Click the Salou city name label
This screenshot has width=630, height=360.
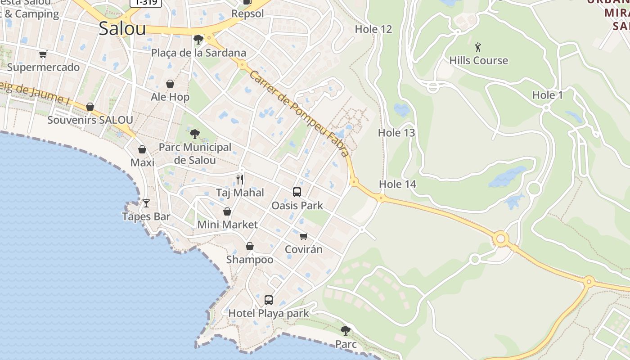tap(122, 29)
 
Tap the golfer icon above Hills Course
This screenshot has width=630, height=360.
tap(478, 47)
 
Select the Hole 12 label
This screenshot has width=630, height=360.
tap(373, 29)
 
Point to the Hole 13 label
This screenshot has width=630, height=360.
tap(396, 133)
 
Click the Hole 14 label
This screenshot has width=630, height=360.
tap(397, 184)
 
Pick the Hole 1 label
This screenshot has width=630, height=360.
tap(547, 95)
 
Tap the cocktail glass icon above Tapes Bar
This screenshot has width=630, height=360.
tap(146, 203)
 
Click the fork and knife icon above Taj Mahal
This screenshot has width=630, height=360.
tap(240, 180)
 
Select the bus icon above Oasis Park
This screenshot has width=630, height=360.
tap(297, 192)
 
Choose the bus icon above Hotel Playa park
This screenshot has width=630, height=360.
tap(269, 300)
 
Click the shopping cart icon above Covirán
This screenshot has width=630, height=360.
tap(304, 236)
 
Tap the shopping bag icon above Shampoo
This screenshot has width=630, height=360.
tap(249, 246)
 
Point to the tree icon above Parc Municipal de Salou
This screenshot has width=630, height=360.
tap(194, 134)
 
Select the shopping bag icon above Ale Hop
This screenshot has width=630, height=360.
tap(170, 84)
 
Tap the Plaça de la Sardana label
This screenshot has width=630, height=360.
tap(198, 53)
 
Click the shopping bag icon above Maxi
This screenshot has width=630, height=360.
tap(142, 149)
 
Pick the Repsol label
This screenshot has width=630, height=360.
tap(247, 13)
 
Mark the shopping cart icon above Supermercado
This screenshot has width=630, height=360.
tap(43, 54)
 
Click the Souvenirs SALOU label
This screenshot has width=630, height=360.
tap(90, 120)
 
